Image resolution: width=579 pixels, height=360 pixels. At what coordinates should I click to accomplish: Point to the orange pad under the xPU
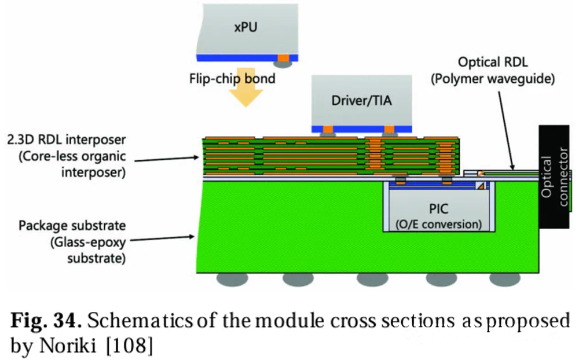click(283, 58)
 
